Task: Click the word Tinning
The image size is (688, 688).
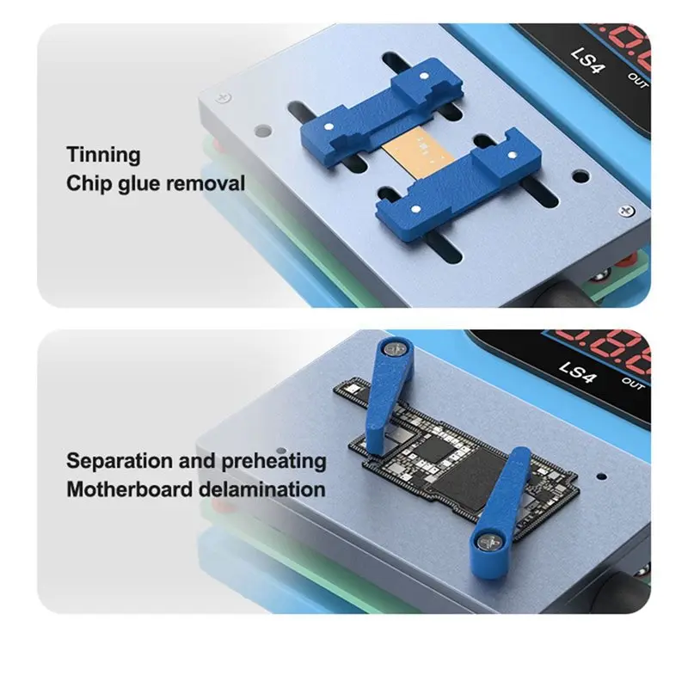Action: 103,155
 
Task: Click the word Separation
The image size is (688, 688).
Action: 119,461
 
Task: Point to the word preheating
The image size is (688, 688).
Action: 273,461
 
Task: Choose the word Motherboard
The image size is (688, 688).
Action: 130,489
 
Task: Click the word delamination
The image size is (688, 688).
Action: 262,489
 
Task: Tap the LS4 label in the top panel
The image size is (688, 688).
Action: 588,60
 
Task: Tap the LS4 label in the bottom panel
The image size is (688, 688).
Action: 578,372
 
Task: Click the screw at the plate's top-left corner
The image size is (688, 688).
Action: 224,97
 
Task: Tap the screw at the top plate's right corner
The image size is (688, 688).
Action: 626,211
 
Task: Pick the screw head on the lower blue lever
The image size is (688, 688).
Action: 487,543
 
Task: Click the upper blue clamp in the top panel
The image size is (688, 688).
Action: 382,113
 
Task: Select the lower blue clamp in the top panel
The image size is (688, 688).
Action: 459,185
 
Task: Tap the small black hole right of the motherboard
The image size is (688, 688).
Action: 602,476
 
